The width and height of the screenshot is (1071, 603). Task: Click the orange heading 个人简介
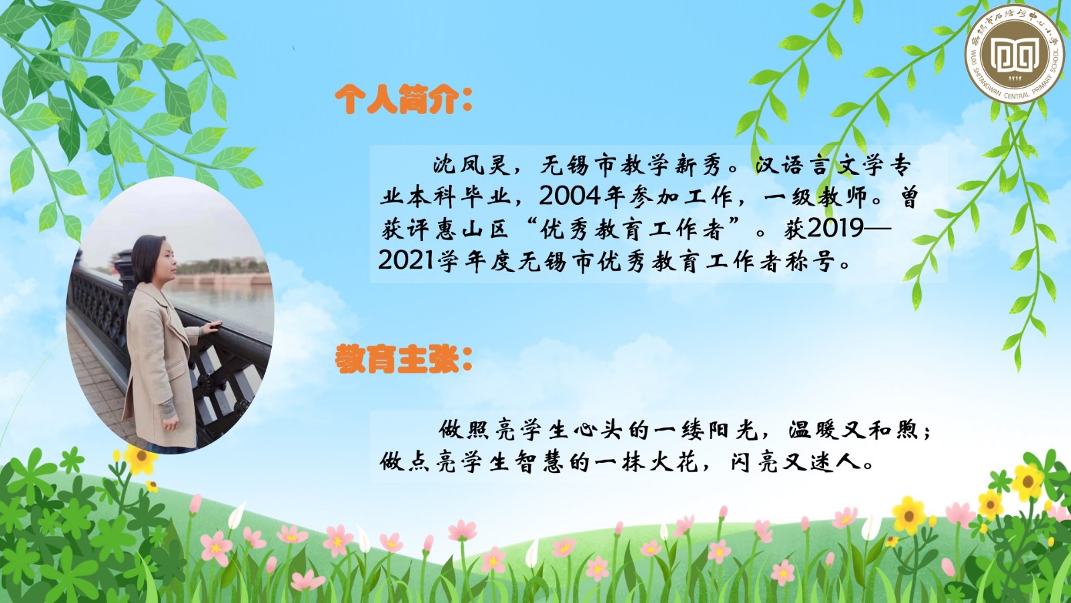(x=397, y=100)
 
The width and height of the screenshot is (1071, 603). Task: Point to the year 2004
(x=570, y=196)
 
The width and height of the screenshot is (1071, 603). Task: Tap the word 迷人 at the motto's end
(x=836, y=462)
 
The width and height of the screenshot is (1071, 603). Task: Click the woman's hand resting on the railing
(x=212, y=327)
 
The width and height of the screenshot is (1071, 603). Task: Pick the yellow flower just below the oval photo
(x=141, y=458)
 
